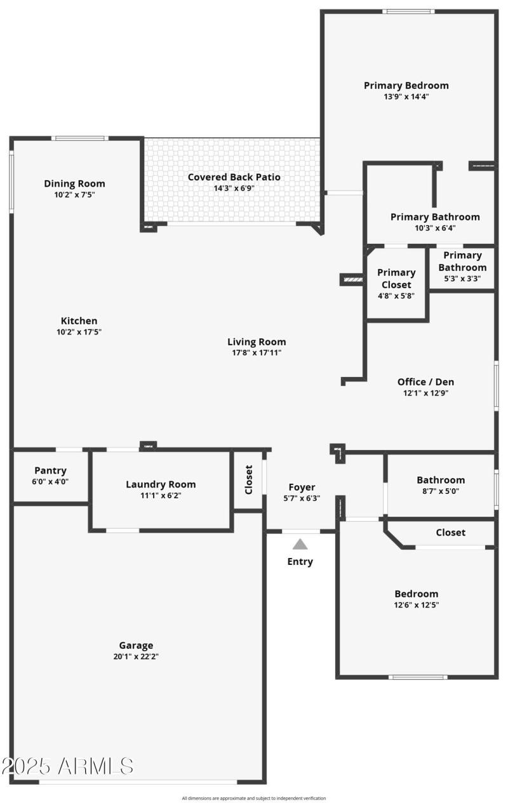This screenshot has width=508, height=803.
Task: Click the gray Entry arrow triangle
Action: pyautogui.click(x=300, y=544)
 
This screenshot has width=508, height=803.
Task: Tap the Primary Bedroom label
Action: pyautogui.click(x=406, y=86)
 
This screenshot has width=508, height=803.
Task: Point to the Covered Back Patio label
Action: pyautogui.click(x=234, y=177)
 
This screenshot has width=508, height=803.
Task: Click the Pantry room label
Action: pyautogui.click(x=50, y=470)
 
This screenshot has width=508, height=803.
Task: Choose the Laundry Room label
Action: pyautogui.click(x=161, y=484)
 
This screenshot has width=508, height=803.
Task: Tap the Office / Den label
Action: pyautogui.click(x=425, y=382)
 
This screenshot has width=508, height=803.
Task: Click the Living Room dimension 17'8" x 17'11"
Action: pyautogui.click(x=257, y=352)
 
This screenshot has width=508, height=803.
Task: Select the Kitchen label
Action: pyautogui.click(x=79, y=321)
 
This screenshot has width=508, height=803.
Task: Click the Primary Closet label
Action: pyautogui.click(x=396, y=279)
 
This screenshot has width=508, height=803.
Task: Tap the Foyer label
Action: pyautogui.click(x=302, y=488)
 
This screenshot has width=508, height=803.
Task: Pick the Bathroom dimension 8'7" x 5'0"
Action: pyautogui.click(x=441, y=491)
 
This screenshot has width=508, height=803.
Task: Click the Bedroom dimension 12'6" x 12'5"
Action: pyautogui.click(x=416, y=605)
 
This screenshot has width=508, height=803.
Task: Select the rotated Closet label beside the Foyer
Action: pyautogui.click(x=249, y=480)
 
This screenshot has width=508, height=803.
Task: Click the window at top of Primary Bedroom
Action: pyautogui.click(x=408, y=11)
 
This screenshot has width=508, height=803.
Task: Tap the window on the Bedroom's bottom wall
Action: pyautogui.click(x=417, y=677)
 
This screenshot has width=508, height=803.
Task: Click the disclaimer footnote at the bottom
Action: pyautogui.click(x=254, y=798)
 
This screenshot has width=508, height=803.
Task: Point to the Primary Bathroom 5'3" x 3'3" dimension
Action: pyautogui.click(x=462, y=278)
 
